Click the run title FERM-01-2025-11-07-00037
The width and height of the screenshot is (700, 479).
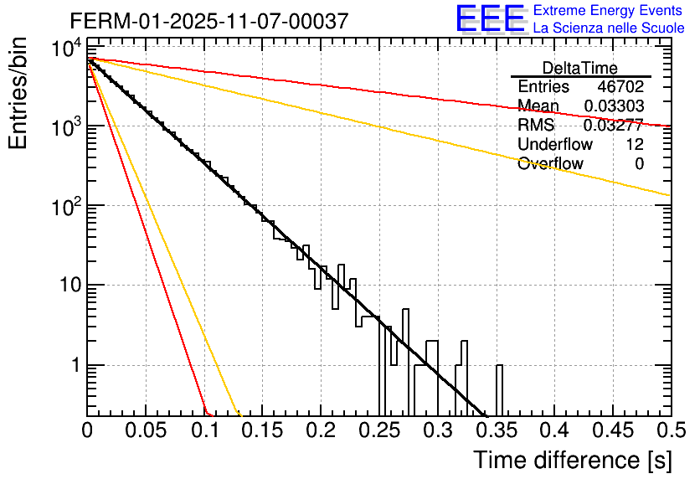[208, 22]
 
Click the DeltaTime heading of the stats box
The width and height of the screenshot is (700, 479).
[580, 68]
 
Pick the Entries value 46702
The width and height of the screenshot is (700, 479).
[620, 87]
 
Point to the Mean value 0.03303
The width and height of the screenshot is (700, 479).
[614, 106]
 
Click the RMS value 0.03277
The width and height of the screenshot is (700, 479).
[614, 126]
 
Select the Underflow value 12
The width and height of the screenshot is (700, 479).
[634, 145]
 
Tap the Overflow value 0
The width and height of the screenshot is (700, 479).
[639, 164]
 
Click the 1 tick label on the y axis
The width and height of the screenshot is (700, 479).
[72, 366]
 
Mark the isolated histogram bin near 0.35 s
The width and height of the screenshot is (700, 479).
[499, 389]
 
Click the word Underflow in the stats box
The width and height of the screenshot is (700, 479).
[555, 145]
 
